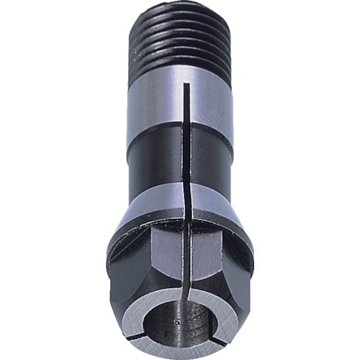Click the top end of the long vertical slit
tap(186, 85)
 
